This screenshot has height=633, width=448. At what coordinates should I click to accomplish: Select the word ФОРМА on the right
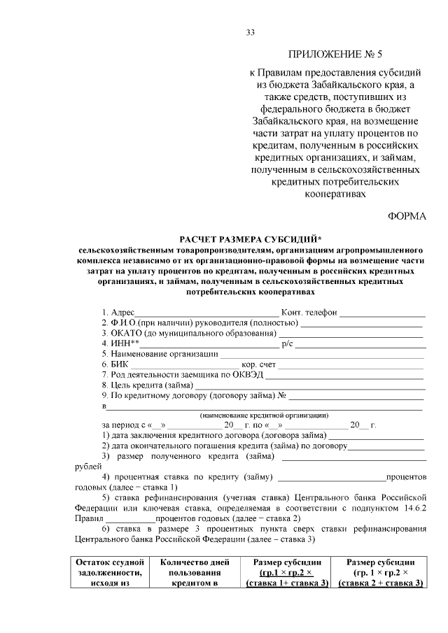click(407, 217)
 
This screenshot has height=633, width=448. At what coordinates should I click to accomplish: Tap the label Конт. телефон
click(309, 312)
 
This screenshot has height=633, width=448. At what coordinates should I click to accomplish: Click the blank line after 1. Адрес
click(206, 313)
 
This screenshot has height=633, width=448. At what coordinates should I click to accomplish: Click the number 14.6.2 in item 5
click(414, 508)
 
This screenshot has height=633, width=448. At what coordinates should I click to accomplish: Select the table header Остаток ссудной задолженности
click(110, 572)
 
